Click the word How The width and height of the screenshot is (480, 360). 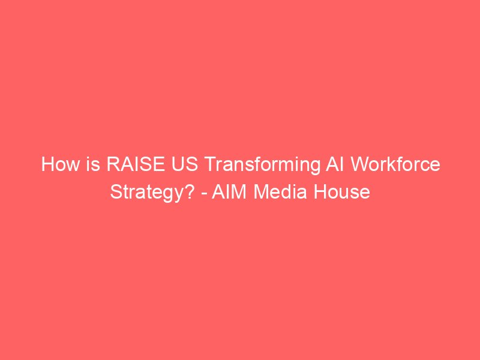click(x=61, y=164)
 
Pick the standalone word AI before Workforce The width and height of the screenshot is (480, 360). click(x=335, y=164)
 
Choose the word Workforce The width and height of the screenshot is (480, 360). click(x=395, y=164)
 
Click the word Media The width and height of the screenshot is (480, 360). click(x=280, y=191)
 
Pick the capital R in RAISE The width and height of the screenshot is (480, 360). click(x=113, y=164)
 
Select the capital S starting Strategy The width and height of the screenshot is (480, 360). click(x=116, y=191)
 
